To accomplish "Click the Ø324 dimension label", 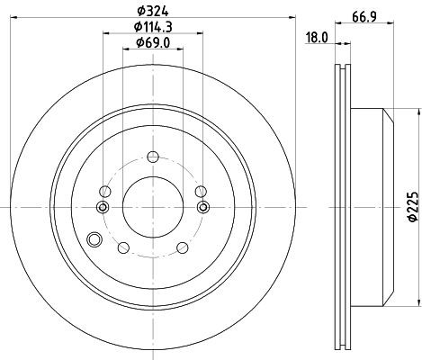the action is point(153,11).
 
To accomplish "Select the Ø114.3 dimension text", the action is point(153,27).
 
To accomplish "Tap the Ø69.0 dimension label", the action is point(153,43).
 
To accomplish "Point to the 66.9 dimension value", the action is point(364,17).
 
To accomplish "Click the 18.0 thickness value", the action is point(317,38).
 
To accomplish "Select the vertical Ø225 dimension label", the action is point(413,207).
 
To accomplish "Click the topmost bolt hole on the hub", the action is point(153,157).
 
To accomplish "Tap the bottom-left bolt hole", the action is point(123,247).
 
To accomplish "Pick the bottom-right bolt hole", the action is point(183,247).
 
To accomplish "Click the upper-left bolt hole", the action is point(105,192).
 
